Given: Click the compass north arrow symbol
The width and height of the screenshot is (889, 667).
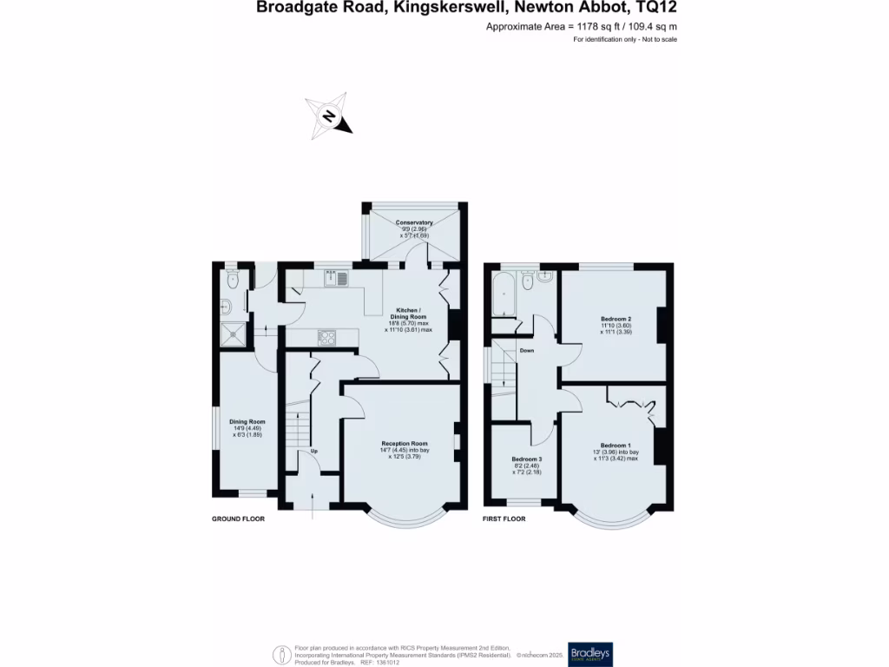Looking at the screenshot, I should [x=329, y=116].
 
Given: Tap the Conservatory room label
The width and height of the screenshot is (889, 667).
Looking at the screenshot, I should [x=414, y=223].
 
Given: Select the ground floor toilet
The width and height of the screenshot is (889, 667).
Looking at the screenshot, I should [x=232, y=280].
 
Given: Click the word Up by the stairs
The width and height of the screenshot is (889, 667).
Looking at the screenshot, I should [x=313, y=452].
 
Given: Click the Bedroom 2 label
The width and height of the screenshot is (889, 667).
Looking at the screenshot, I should [x=616, y=319].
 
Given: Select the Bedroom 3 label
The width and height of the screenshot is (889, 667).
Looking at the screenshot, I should [x=526, y=459].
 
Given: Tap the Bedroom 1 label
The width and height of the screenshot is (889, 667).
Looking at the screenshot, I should [x=616, y=446].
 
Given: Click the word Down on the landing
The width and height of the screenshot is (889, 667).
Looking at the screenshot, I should [x=526, y=350].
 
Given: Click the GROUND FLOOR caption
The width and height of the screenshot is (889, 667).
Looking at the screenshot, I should [x=238, y=518].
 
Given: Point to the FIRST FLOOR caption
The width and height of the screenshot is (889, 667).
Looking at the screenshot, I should [x=504, y=518].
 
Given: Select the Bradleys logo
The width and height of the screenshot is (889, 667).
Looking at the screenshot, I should [x=612, y=654].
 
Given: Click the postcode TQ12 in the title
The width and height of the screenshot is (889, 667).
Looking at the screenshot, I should [x=656, y=9].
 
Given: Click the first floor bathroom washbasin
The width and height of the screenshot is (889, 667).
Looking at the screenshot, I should [x=544, y=278].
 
